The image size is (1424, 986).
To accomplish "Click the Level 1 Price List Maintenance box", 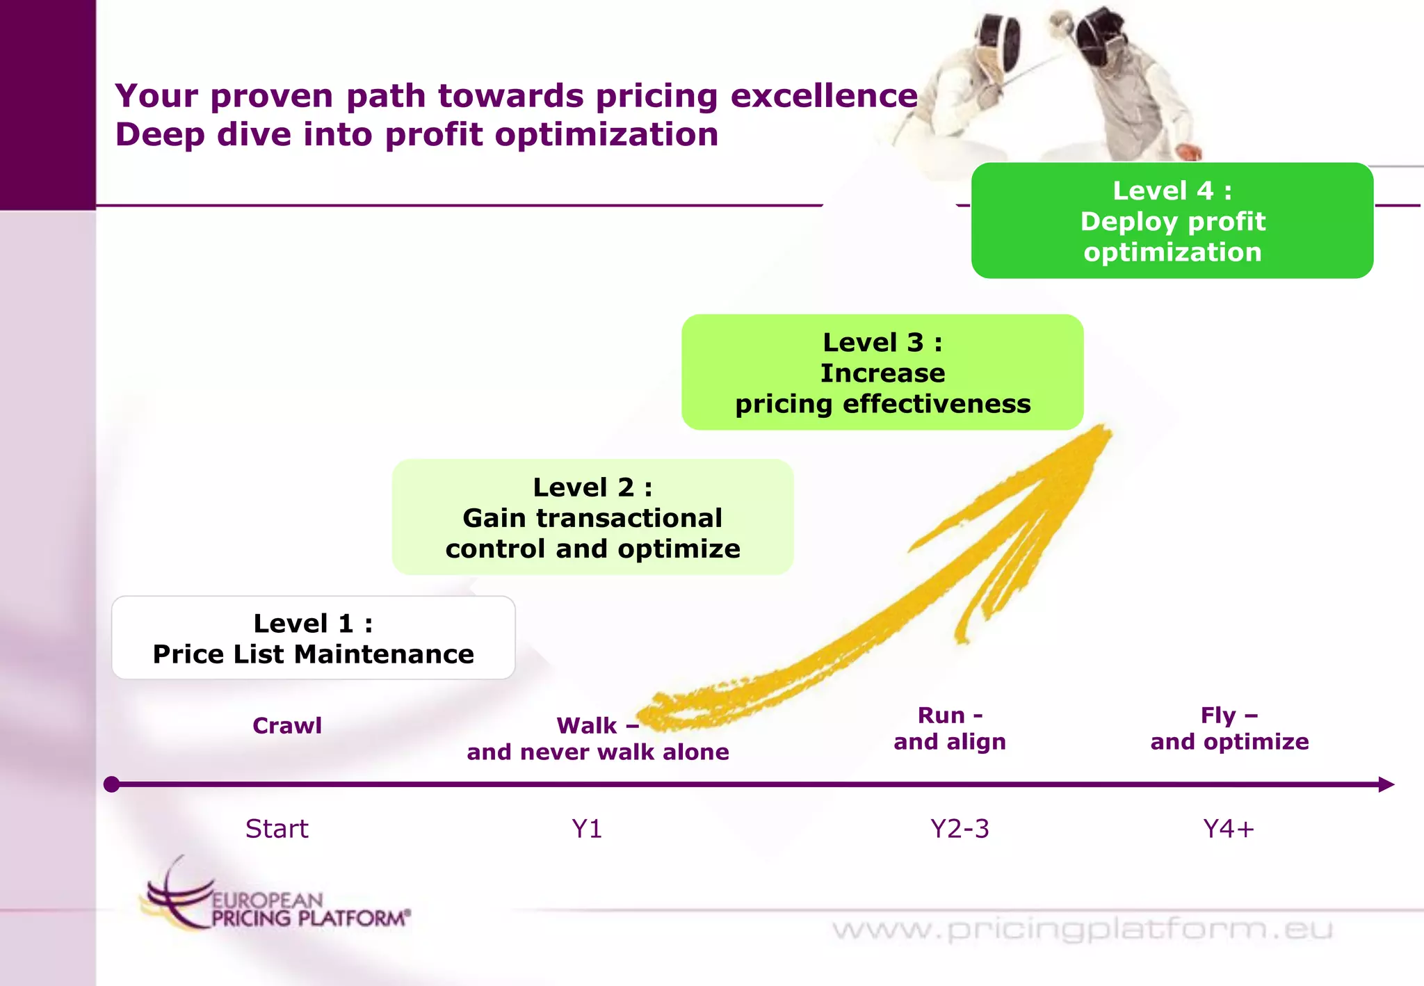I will (313, 638).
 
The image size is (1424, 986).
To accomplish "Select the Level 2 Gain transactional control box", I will (592, 517).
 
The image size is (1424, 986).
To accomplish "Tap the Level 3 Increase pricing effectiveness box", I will (882, 373).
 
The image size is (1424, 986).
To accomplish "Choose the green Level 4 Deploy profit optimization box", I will (1172, 221).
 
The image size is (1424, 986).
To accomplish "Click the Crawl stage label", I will (287, 726).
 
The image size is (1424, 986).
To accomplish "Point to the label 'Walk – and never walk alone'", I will (598, 739).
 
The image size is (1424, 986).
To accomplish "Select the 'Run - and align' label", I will (950, 729).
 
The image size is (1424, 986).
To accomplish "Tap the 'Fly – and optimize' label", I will (1229, 729).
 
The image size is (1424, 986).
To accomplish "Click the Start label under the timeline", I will (277, 829).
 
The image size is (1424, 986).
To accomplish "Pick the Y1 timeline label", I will (587, 829).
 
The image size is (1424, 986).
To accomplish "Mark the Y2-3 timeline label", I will (960, 829).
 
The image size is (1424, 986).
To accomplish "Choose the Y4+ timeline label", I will (1229, 829).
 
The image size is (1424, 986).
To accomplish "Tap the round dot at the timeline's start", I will (111, 784).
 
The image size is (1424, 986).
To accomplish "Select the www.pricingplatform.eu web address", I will (1082, 929).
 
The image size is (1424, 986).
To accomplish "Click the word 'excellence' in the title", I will (824, 96).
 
